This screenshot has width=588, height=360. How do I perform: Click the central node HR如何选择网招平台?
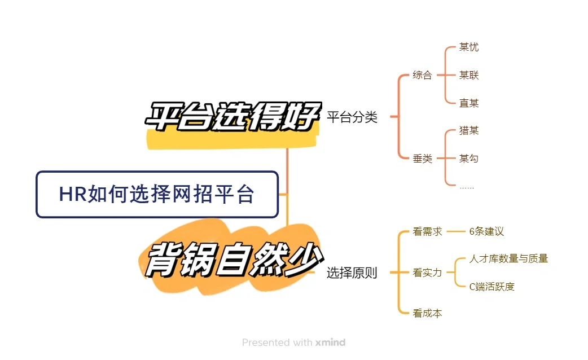pyautogui.click(x=157, y=195)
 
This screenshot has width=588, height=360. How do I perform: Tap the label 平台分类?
pyautogui.click(x=352, y=117)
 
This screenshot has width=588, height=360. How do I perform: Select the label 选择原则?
pyautogui.click(x=352, y=273)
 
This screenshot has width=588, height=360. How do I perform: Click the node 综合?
pyautogui.click(x=422, y=75)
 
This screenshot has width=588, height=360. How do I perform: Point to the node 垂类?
pyautogui.click(x=422, y=159)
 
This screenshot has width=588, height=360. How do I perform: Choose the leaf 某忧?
pyautogui.click(x=469, y=47)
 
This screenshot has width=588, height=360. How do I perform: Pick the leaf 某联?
pyautogui.click(x=469, y=75)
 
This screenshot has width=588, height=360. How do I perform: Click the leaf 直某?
pyautogui.click(x=469, y=103)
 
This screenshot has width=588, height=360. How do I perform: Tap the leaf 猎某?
pyautogui.click(x=469, y=130)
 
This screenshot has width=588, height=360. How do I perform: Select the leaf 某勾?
pyautogui.click(x=469, y=159)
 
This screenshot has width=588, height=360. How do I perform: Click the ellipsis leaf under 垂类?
pyautogui.click(x=467, y=186)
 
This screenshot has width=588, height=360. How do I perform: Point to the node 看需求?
pyautogui.click(x=427, y=231)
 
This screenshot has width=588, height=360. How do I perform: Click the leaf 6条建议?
pyautogui.click(x=486, y=231)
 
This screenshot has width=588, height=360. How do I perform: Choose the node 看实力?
pyautogui.click(x=427, y=273)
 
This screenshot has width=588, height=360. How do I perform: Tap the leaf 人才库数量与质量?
pyautogui.click(x=508, y=259)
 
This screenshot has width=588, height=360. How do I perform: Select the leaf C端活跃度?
pyautogui.click(x=492, y=287)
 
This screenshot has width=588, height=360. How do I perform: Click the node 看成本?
pyautogui.click(x=427, y=313)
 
